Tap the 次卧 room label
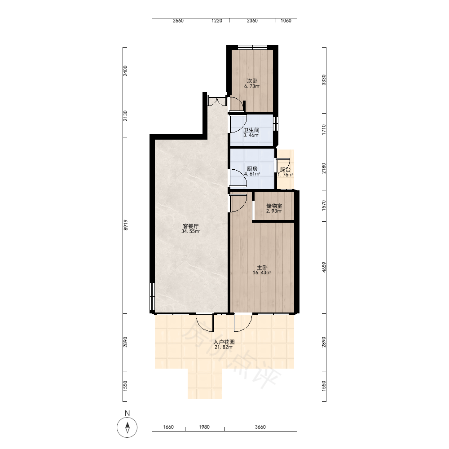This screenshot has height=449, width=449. pos(252,81)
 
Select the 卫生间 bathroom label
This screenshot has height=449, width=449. pos(251,130)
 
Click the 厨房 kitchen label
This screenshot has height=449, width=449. pos(252,169)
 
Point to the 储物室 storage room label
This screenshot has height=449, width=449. pos(274,206)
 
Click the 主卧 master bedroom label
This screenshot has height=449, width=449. pos(262,268)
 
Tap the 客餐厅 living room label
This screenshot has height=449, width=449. pos(191,226)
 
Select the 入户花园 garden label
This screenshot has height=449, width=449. pos(224,342)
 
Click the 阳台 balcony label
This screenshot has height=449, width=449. pos(286,170)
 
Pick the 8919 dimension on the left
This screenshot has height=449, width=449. pos(125,225)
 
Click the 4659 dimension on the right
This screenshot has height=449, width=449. pos(324,267)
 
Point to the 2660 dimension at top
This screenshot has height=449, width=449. pos(178,21)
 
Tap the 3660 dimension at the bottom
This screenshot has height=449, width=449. pos(260,427)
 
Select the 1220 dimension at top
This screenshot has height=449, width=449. pos(217,21)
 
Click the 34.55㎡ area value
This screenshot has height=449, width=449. pos(191,231)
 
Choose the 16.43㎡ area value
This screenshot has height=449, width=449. pos(262,273)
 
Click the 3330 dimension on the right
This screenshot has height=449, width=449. pos(324,80)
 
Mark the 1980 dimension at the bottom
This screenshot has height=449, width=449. pos(204,427)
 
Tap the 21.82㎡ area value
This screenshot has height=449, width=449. pos(224,347)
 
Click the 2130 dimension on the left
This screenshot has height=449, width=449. pos(125,116)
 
